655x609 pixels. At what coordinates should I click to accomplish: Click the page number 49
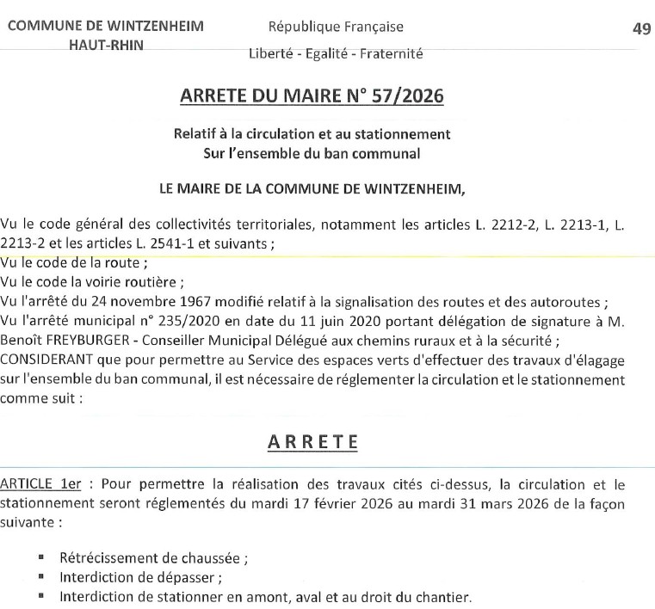click(640, 28)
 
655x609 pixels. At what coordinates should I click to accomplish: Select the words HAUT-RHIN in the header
click(106, 45)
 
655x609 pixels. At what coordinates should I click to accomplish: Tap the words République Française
click(336, 28)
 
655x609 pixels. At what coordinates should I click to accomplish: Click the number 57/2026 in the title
click(408, 96)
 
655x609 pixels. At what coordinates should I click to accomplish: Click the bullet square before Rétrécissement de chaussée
click(41, 557)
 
